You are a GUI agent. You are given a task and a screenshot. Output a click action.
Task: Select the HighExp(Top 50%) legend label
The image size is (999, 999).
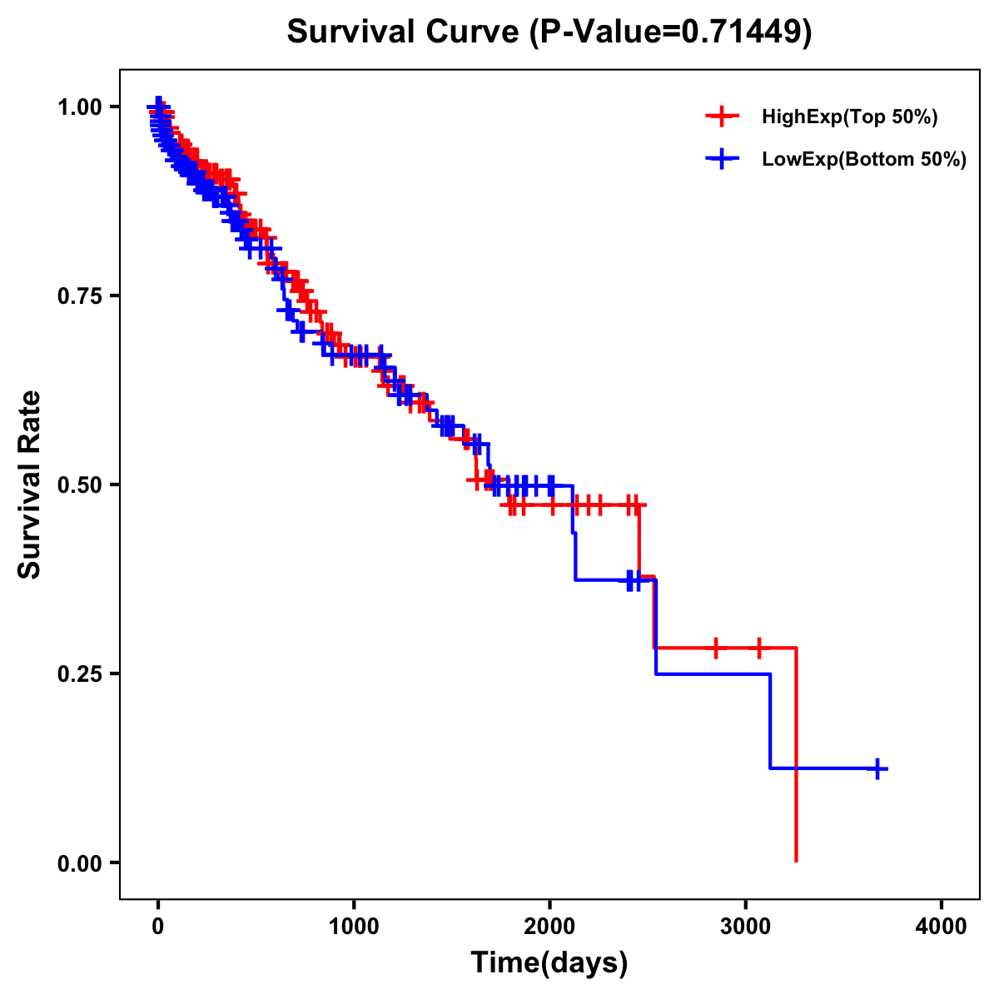click(x=849, y=117)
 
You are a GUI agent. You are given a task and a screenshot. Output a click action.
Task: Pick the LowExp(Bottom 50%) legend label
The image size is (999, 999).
click(x=864, y=160)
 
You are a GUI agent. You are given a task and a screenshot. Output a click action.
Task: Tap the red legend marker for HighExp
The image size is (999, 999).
click(x=722, y=117)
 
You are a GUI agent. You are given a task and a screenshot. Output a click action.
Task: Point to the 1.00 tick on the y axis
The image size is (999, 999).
click(x=79, y=107)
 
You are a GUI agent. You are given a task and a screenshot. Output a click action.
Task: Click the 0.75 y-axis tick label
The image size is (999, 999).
click(x=79, y=296)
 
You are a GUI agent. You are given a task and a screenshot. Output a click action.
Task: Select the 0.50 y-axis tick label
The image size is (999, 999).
click(x=79, y=485)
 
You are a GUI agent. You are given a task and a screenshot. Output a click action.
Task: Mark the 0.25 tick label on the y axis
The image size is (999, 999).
click(x=79, y=673)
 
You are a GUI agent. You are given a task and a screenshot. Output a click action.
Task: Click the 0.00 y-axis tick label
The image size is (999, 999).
click(x=79, y=862)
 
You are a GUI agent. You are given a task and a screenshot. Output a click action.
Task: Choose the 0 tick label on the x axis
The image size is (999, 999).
click(x=158, y=926)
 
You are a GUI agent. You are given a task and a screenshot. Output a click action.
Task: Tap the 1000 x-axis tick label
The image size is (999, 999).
click(x=354, y=926)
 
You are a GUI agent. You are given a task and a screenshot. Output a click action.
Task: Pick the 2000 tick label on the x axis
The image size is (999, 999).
click(x=549, y=926)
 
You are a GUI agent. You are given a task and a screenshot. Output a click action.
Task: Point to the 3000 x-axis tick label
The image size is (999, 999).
click(x=746, y=926)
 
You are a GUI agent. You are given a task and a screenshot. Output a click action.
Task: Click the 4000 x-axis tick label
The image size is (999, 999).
click(x=942, y=926)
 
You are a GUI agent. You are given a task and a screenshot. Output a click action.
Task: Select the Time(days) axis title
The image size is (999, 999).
click(x=549, y=963)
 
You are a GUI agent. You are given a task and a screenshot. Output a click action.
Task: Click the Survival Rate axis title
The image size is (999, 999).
click(x=30, y=485)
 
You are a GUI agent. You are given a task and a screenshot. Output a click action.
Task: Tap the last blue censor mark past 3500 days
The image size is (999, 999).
click(x=877, y=768)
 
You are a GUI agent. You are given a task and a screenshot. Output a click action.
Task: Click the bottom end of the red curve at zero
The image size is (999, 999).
click(x=797, y=860)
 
